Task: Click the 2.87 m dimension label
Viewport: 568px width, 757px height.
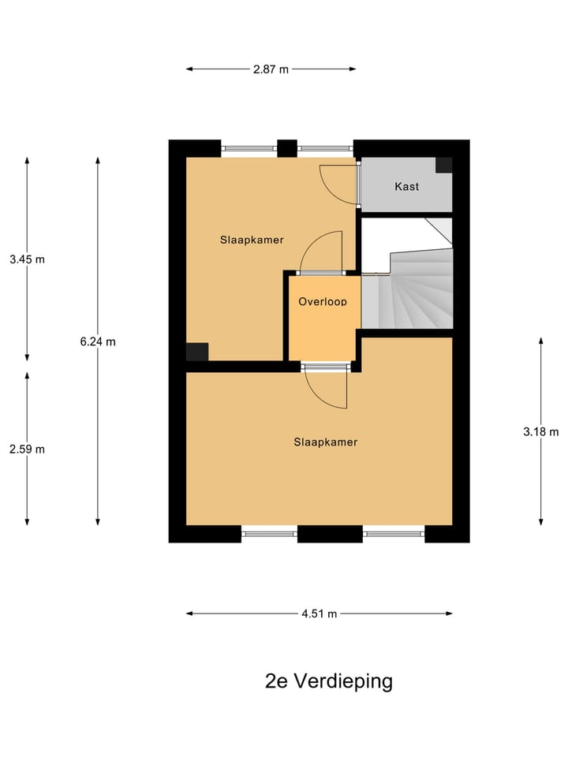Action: click(271, 69)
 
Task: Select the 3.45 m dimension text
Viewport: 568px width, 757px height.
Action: click(27, 259)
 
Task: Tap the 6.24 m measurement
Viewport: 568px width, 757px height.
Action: click(98, 341)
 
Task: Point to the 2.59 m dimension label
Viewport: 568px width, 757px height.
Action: click(27, 449)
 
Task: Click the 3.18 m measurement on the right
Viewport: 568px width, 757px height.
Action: click(540, 431)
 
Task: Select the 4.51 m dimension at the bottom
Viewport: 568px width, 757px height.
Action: click(319, 613)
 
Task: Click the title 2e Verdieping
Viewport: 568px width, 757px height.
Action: click(328, 681)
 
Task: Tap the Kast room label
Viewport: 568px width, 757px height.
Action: click(406, 187)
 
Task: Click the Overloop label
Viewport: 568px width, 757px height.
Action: click(322, 301)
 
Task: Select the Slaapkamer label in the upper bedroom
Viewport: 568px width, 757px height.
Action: click(252, 240)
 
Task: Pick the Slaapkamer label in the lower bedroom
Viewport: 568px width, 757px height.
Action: click(325, 442)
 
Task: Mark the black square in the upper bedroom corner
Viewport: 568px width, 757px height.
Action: click(196, 352)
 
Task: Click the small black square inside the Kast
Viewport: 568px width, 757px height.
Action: click(444, 165)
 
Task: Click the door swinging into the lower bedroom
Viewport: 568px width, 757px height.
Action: click(326, 388)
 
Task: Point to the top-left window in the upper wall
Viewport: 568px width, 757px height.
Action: click(248, 147)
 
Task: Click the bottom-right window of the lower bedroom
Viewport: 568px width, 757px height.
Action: click(394, 534)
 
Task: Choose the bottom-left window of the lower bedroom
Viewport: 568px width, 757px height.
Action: click(269, 534)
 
